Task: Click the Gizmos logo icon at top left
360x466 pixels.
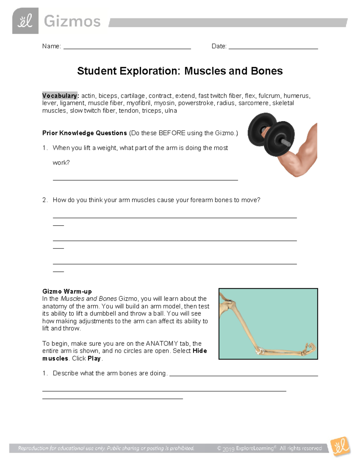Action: pyautogui.click(x=25, y=21)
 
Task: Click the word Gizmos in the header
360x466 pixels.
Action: pyautogui.click(x=72, y=22)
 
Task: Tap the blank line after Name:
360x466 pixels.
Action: pyautogui.click(x=127, y=47)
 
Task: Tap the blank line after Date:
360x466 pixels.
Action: pyautogui.click(x=273, y=47)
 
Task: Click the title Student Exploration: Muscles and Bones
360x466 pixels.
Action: pyautogui.click(x=180, y=71)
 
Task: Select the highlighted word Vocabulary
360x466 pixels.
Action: pyautogui.click(x=60, y=96)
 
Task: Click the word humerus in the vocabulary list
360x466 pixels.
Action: pyautogui.click(x=296, y=96)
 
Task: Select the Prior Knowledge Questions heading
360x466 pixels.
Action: pyautogui.click(x=85, y=133)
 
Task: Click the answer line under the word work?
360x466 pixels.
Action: pyautogui.click(x=145, y=179)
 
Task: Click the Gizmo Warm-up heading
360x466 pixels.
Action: pyautogui.click(x=67, y=291)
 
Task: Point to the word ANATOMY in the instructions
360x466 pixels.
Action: pyautogui.click(x=162, y=344)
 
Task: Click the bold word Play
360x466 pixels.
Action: pyautogui.click(x=94, y=359)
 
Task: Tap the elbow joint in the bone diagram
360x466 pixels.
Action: pyautogui.click(x=259, y=350)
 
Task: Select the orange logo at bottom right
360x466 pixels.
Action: pyautogui.click(x=340, y=446)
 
